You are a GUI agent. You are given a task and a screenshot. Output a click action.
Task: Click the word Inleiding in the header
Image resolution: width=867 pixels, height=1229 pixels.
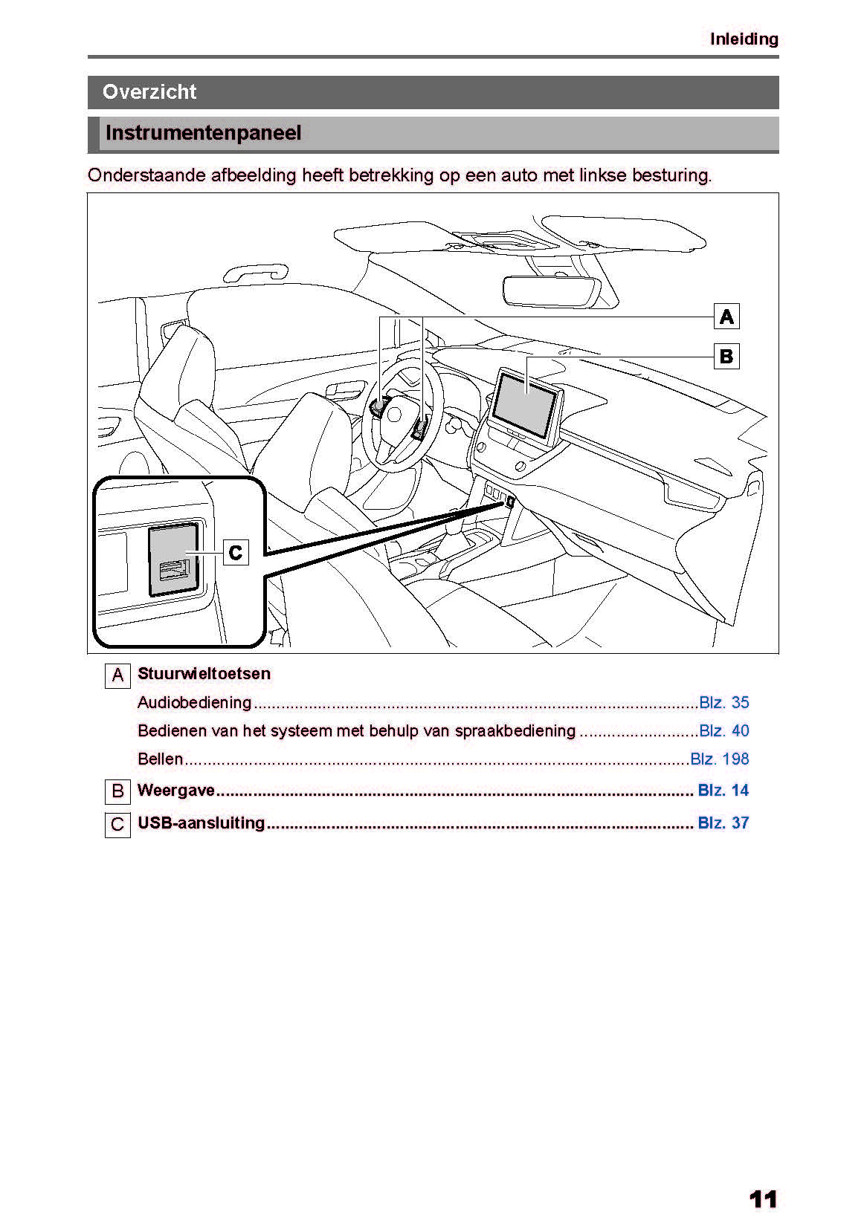pyautogui.click(x=744, y=39)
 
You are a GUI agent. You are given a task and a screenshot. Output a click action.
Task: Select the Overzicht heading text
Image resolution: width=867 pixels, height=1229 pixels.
pyautogui.click(x=149, y=92)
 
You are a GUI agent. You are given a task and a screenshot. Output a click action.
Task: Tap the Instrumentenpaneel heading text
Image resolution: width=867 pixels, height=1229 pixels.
pyautogui.click(x=203, y=134)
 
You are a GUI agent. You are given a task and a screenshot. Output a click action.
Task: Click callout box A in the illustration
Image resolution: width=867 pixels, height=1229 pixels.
pyautogui.click(x=726, y=317)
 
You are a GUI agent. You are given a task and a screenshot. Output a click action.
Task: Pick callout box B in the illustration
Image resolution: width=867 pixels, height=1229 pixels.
pyautogui.click(x=726, y=357)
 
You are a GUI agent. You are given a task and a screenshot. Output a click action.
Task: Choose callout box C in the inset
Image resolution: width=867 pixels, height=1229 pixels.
pyautogui.click(x=236, y=553)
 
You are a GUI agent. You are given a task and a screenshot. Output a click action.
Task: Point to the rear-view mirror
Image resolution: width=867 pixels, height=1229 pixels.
pyautogui.click(x=551, y=291)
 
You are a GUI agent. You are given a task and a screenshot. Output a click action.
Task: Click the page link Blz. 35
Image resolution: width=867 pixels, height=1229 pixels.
pyautogui.click(x=723, y=703)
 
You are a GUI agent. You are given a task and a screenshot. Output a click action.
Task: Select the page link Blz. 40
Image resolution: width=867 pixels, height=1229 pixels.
pyautogui.click(x=723, y=731)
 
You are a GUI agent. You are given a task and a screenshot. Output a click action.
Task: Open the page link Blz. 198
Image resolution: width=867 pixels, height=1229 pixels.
pyautogui.click(x=719, y=759)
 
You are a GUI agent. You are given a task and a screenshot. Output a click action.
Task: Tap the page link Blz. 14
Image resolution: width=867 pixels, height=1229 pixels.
pyautogui.click(x=723, y=791)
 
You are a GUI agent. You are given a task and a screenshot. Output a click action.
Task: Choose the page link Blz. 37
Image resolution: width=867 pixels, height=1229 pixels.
pyautogui.click(x=723, y=823)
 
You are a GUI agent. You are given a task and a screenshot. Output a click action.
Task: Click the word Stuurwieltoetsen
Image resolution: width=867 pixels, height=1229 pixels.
pyautogui.click(x=204, y=674)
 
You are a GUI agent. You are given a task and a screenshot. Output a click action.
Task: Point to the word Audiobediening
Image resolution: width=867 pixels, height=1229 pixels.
pyautogui.click(x=194, y=703)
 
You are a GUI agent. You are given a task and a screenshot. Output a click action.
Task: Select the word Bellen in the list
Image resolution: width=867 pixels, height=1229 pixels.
pyautogui.click(x=160, y=759)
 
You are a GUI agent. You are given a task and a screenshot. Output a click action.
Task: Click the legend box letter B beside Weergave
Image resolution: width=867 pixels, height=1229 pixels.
pyautogui.click(x=117, y=792)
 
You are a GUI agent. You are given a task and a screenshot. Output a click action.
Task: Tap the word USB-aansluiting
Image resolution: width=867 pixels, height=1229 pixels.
pyautogui.click(x=201, y=823)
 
